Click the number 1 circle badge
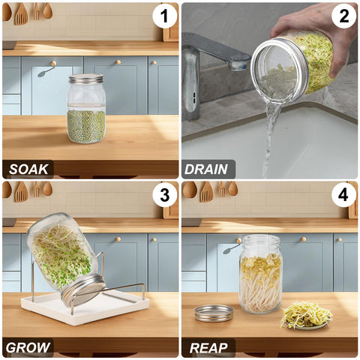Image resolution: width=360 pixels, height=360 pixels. point(165,16)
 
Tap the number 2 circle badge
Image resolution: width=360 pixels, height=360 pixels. point(343,16)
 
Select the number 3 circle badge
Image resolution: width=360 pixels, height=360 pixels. point(165,195)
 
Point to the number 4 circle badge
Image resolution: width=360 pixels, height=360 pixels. point(343,195)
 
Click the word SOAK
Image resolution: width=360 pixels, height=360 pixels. point(28,169)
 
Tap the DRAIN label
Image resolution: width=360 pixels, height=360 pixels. point(206,169)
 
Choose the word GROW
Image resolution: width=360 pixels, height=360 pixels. point(28,348)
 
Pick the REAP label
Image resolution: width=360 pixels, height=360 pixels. point(208,348)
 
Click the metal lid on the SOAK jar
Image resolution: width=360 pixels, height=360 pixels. point(86,79)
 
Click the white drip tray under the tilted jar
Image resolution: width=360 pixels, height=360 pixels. point(85,308)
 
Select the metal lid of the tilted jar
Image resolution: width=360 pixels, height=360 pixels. point(83,290)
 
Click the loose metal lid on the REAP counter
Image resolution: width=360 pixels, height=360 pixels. point(214,313)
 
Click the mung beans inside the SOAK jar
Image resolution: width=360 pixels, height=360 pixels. point(86,126)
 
